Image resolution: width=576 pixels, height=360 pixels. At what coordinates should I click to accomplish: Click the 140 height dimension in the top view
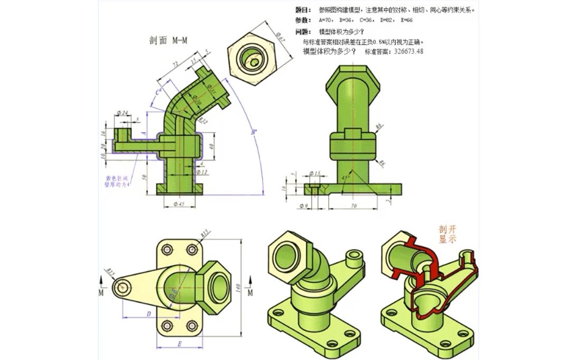[238, 289]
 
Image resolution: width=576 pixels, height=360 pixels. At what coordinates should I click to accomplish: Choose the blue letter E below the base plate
[180, 344]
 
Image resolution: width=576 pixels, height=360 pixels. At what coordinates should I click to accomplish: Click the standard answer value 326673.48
[408, 51]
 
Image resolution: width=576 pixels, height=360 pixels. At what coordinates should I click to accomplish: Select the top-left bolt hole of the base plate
[168, 249]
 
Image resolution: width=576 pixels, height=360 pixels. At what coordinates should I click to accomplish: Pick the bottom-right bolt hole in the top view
[191, 325]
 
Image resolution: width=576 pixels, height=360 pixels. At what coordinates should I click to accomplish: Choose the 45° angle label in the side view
[345, 177]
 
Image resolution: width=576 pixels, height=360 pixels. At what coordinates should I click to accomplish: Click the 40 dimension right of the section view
[212, 146]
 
